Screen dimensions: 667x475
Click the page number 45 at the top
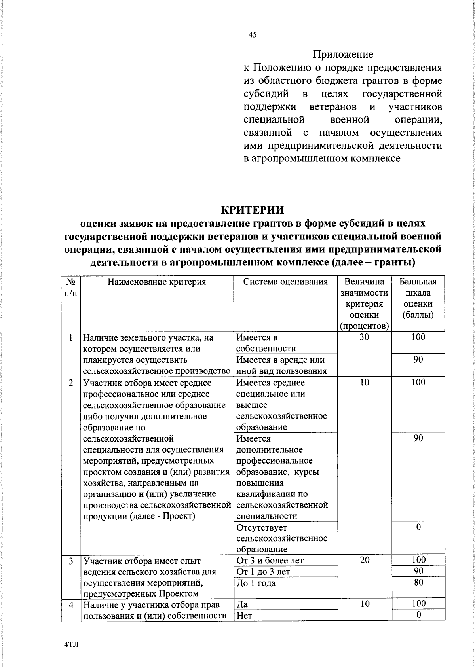(253, 35)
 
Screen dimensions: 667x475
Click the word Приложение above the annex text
(343, 54)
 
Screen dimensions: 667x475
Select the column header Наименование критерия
(157, 282)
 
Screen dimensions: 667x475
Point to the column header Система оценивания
(285, 282)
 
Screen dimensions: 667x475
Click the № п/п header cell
(71, 288)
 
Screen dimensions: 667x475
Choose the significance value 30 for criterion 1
(364, 337)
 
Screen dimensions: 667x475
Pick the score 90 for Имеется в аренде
(418, 360)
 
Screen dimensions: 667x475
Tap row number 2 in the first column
(71, 383)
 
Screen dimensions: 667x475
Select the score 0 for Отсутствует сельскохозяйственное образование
(418, 527)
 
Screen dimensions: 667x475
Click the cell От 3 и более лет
(270, 560)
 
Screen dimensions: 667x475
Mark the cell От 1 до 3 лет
(263, 572)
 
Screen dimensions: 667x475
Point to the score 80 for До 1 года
(418, 582)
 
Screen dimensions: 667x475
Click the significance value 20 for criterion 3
(364, 560)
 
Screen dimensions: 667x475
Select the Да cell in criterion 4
(242, 604)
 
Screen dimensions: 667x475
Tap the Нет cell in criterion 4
(244, 616)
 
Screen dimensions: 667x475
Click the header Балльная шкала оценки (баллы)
(418, 299)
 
